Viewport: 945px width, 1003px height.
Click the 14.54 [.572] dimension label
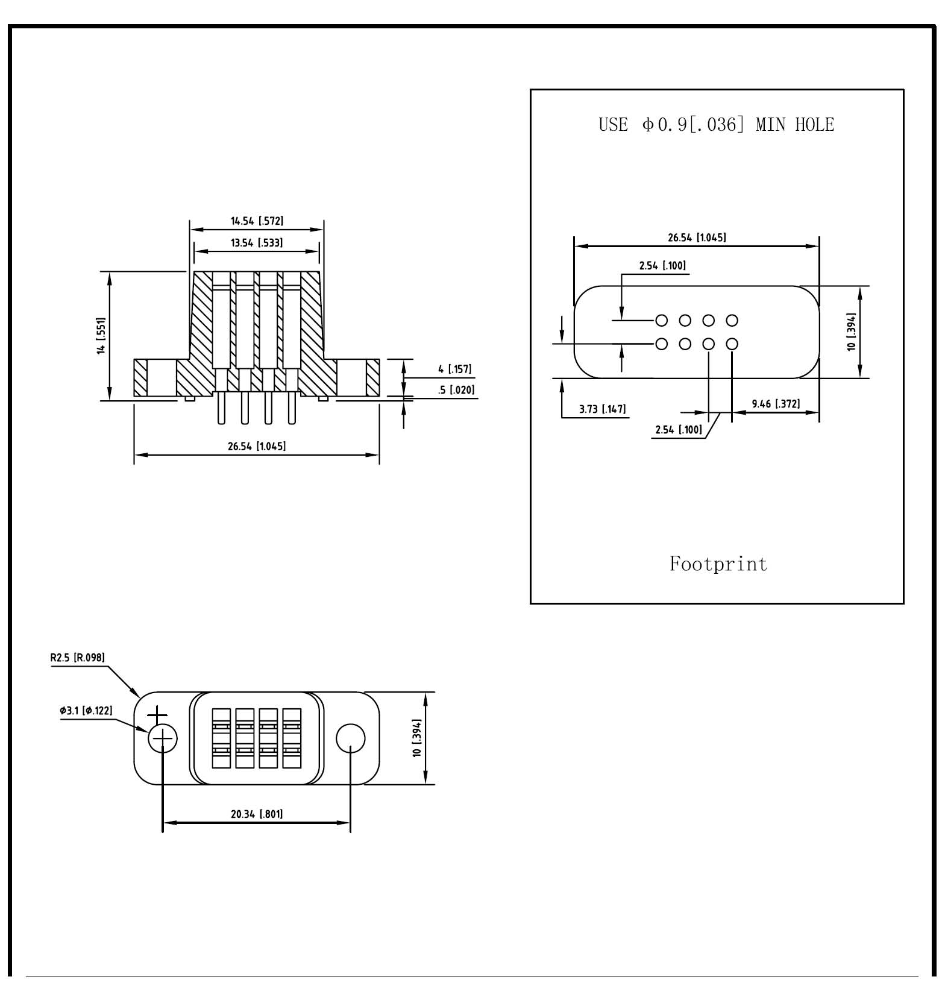[x=257, y=221]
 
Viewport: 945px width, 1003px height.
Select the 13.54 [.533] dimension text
[x=257, y=243]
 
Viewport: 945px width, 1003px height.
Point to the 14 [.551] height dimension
[x=101, y=336]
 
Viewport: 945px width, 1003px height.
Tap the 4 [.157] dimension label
[x=455, y=369]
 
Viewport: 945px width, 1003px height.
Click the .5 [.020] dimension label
[x=456, y=390]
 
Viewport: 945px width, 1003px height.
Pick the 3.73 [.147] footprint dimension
[x=603, y=409]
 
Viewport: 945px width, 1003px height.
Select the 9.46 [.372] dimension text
[x=776, y=404]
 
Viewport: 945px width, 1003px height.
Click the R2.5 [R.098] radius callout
[x=78, y=657]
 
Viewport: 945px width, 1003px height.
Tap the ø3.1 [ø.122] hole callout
[x=86, y=711]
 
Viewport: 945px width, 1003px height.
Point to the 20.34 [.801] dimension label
[x=257, y=814]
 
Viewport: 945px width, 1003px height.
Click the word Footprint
[x=718, y=564]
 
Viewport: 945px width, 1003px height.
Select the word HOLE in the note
[x=815, y=125]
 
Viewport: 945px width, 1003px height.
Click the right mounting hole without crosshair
[x=350, y=738]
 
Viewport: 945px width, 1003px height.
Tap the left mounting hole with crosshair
[x=163, y=738]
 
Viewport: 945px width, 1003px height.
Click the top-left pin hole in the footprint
[x=661, y=320]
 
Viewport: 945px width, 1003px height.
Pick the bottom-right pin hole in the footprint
[x=732, y=344]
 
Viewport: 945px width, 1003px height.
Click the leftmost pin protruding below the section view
[x=221, y=408]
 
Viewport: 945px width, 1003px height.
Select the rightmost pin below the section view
[x=292, y=408]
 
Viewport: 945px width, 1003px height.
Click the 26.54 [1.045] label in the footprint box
[x=697, y=237]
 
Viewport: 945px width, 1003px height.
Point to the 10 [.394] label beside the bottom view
[x=416, y=738]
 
